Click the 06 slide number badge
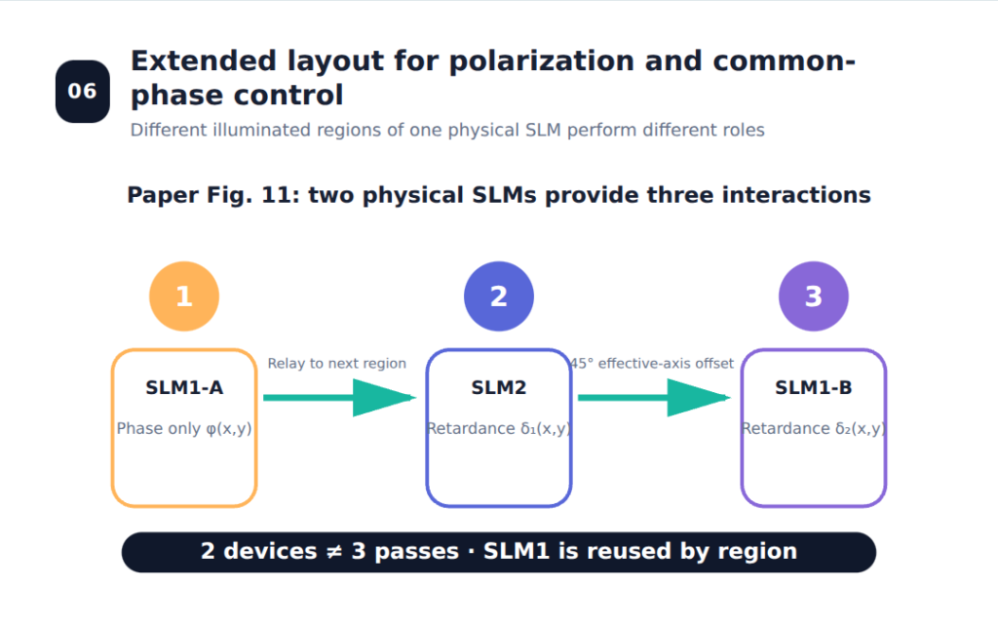83,92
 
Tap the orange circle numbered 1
184,296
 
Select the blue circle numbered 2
499,296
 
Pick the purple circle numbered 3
814,296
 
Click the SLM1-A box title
184,387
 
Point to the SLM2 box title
499,387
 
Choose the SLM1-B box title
814,387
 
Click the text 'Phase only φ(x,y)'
184,429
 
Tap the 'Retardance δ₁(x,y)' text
499,429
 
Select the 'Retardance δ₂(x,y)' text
814,429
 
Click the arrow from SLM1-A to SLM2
340,398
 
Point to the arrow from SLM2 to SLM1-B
654,398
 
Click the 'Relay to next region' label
336,363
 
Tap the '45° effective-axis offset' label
652,363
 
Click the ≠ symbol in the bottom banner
334,552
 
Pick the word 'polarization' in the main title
542,61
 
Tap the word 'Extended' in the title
204,61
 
